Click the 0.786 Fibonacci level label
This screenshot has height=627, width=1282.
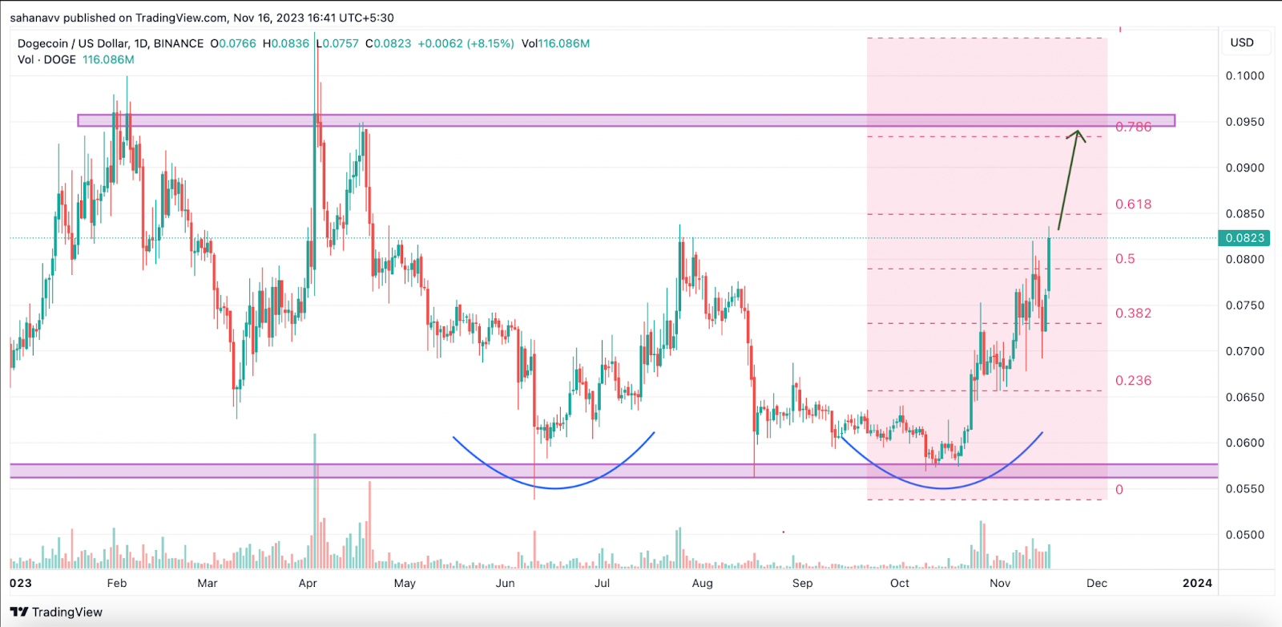tap(1133, 127)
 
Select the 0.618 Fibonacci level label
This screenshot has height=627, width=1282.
tap(1133, 204)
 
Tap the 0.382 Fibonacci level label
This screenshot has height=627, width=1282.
tap(1133, 313)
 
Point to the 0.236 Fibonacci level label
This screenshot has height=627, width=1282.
tap(1133, 381)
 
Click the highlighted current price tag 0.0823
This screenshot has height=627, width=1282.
tap(1244, 238)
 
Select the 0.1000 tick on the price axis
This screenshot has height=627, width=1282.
tap(1244, 76)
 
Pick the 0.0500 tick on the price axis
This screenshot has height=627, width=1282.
tap(1244, 535)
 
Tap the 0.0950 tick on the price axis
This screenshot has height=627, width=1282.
tap(1244, 122)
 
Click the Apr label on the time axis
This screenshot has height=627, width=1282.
tap(308, 583)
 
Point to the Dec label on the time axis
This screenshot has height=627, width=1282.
tap(1096, 583)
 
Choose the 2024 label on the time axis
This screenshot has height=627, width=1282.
tap(1197, 583)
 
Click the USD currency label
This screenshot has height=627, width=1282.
tap(1242, 42)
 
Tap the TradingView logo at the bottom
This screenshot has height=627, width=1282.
tap(56, 612)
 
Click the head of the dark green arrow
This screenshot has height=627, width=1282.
tap(1078, 132)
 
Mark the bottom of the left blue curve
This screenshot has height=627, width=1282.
tap(554, 488)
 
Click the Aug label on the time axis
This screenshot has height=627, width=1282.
tap(702, 583)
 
